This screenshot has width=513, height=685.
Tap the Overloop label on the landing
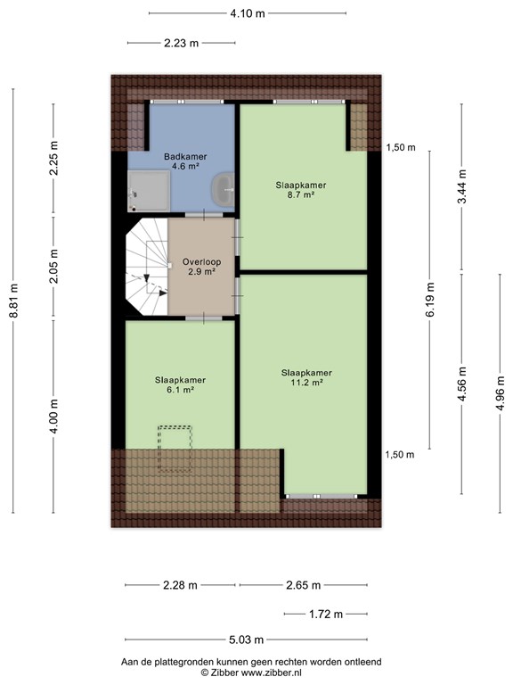coord(201,267)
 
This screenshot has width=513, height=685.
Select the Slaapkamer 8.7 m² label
coord(301,190)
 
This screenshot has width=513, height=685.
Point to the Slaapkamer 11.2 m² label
coord(306,378)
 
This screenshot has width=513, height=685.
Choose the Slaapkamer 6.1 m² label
coord(180,385)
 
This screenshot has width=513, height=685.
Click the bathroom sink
coord(223,190)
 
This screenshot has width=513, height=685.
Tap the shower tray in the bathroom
coord(149,191)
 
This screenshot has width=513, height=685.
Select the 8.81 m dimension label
coord(13,301)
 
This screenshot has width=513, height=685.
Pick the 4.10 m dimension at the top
coord(248,13)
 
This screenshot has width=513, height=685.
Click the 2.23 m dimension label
coord(182,43)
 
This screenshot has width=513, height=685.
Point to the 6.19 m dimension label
coord(430,300)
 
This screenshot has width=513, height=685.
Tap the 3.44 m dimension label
coord(462,186)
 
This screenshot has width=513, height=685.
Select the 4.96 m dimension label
coord(501,393)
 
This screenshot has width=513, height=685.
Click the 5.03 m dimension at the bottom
coord(247,640)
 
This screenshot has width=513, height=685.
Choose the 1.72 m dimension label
coord(326,615)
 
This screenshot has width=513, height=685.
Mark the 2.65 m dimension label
coord(304,585)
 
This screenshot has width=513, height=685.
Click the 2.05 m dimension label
coord(53,266)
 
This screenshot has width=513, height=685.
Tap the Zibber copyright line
coord(251,673)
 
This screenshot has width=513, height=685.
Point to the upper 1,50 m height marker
coord(401,148)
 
